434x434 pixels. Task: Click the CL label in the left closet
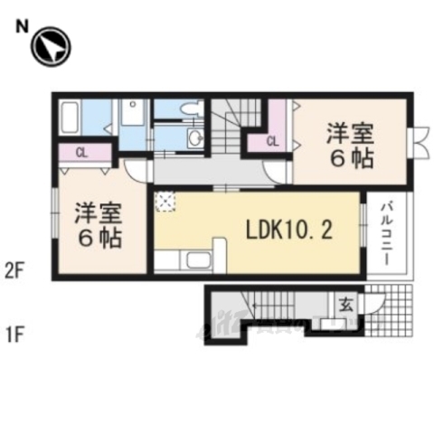pos(81,152)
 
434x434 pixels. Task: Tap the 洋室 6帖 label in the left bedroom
pos(98,226)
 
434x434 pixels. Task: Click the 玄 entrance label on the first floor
pos(345,305)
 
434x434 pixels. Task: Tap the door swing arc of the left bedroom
pos(136,170)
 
